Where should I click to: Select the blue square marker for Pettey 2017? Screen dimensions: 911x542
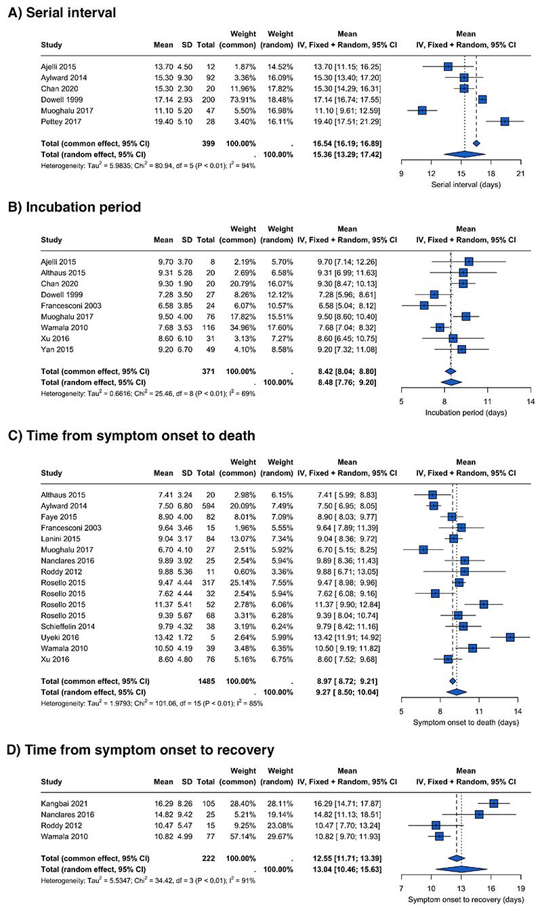pos(505,121)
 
